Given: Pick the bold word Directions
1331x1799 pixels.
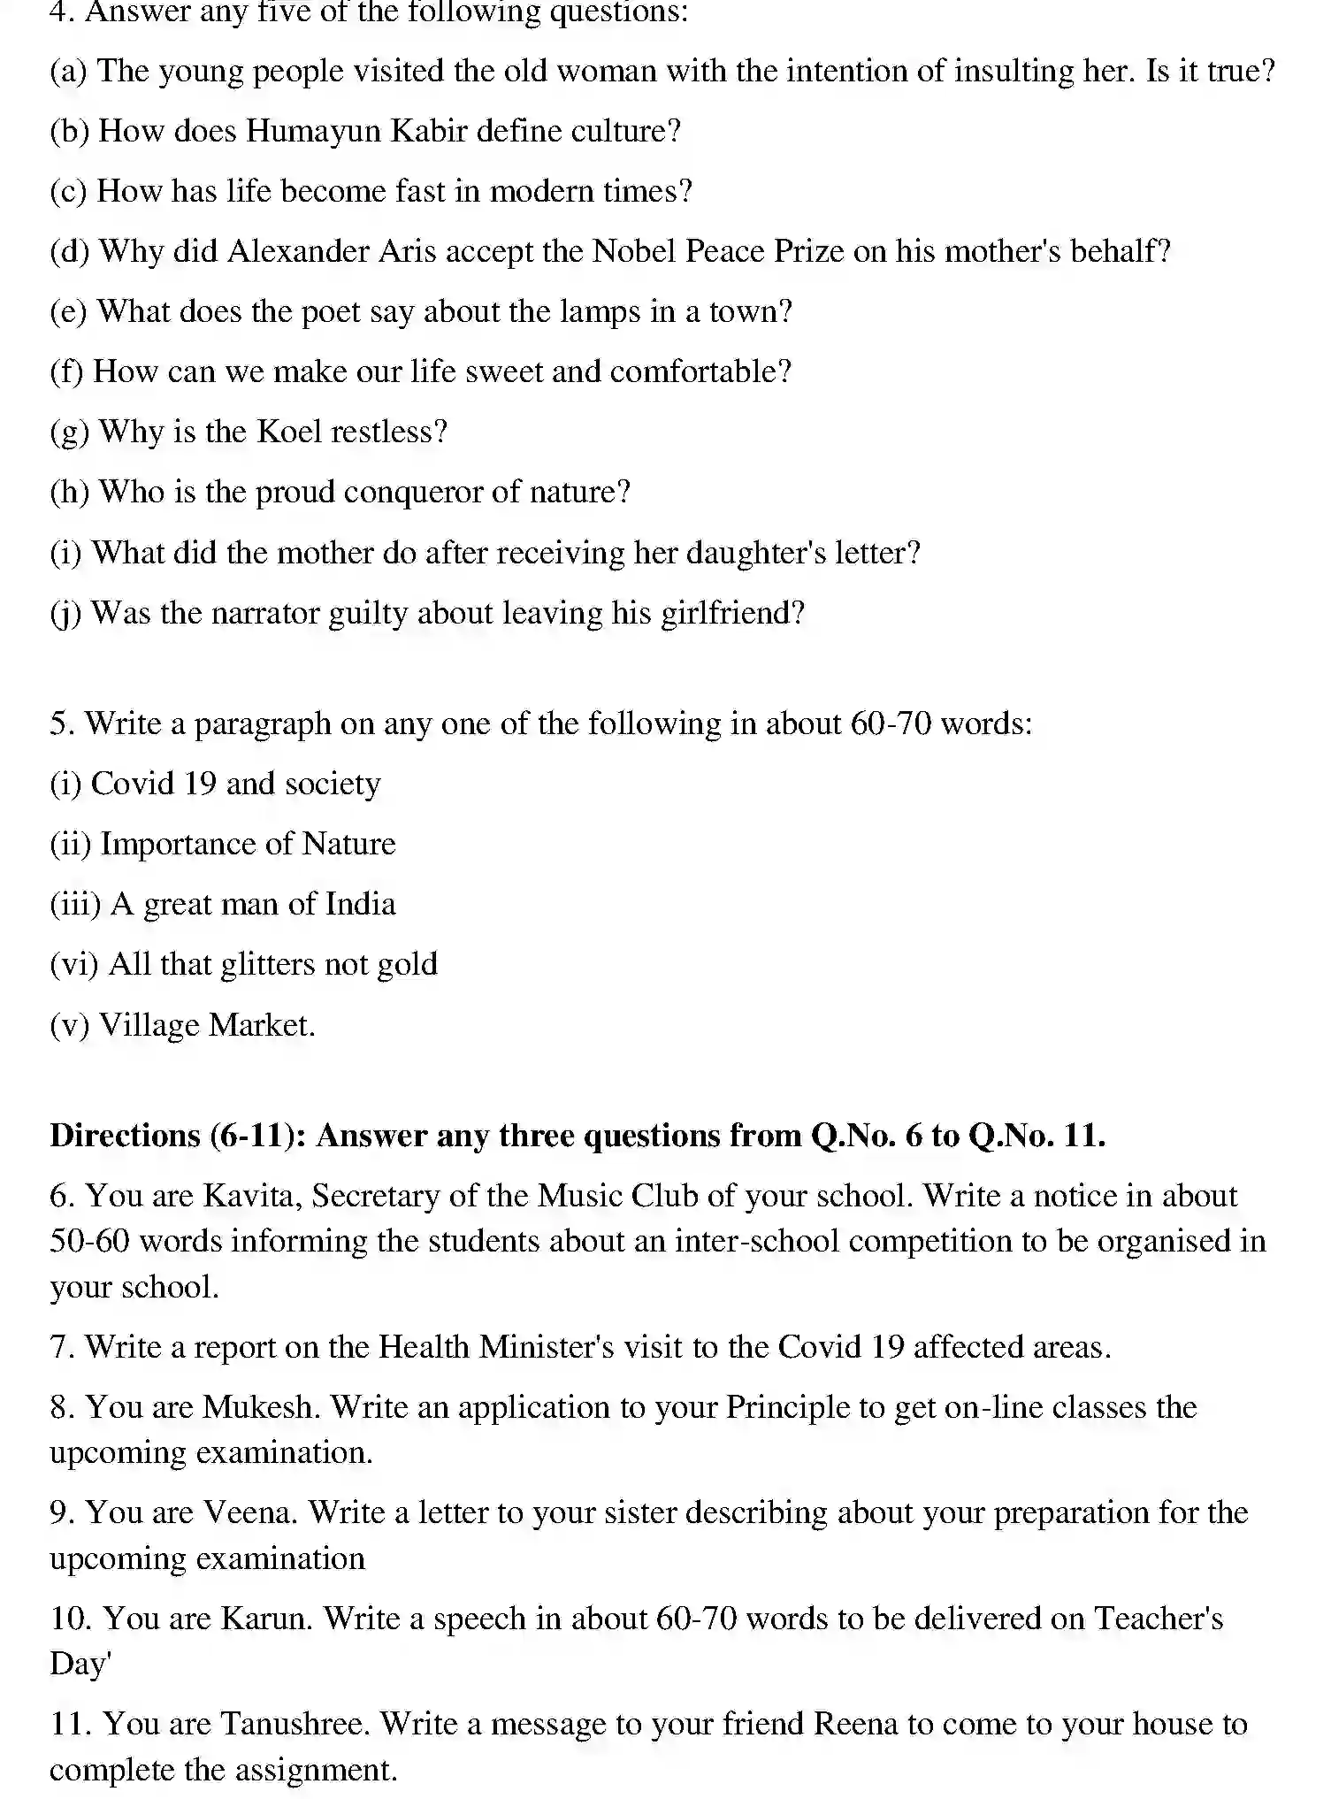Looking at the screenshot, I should click(x=125, y=1136).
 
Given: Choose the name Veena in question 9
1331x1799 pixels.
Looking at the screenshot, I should click(x=251, y=1512).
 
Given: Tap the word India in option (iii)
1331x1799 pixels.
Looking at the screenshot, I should click(x=360, y=905).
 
